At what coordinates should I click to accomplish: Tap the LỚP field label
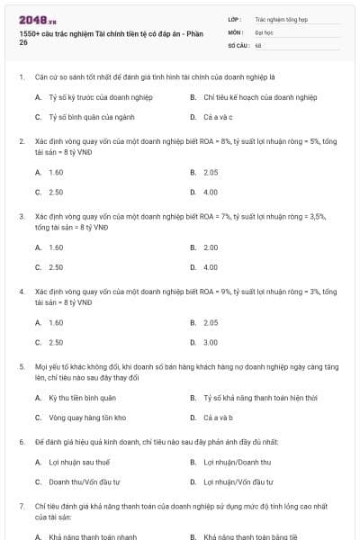tap(235, 18)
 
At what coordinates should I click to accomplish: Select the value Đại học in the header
tap(264, 31)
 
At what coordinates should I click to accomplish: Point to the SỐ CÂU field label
tap(238, 44)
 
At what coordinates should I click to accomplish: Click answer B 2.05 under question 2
tap(211, 172)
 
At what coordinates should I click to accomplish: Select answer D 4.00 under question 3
tap(211, 267)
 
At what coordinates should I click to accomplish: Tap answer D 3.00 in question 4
tap(211, 342)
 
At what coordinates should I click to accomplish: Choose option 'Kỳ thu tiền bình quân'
tap(82, 397)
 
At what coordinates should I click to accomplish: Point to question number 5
tap(21, 367)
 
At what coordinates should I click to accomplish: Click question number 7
tap(21, 508)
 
